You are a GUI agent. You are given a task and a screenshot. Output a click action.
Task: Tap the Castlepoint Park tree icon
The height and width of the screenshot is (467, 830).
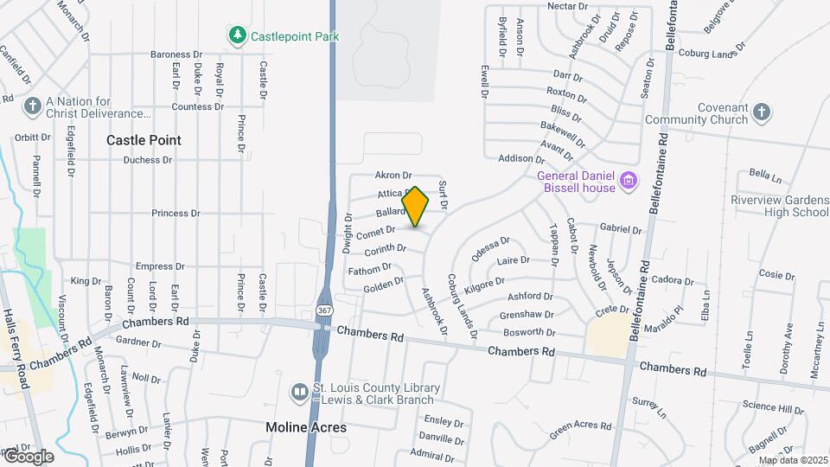pyautogui.click(x=236, y=35)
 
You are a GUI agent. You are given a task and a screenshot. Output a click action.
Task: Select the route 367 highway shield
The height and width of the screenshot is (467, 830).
pyautogui.click(x=323, y=310)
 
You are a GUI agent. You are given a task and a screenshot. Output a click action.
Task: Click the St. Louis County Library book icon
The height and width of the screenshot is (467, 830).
pyautogui.click(x=298, y=393)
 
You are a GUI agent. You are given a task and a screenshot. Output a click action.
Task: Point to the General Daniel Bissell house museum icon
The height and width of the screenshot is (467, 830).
pyautogui.click(x=629, y=182)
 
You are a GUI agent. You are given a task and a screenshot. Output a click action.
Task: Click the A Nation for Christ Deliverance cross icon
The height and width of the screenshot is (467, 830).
pyautogui.click(x=33, y=106)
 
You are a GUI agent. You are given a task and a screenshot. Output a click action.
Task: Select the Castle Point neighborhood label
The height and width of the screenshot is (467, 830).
pyautogui.click(x=144, y=139)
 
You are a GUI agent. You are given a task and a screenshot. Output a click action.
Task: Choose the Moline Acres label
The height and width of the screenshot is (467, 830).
pyautogui.click(x=306, y=427)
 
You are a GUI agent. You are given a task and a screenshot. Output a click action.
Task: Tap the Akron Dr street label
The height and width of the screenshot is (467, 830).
pyautogui.click(x=393, y=175)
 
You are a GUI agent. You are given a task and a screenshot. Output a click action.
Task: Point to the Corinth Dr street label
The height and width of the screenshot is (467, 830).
pyautogui.click(x=385, y=250)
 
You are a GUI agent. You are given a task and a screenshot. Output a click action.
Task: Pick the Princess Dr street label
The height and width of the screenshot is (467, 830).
pyautogui.click(x=176, y=214)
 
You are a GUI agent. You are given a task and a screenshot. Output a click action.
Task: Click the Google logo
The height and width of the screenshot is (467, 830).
pyautogui.click(x=29, y=456)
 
